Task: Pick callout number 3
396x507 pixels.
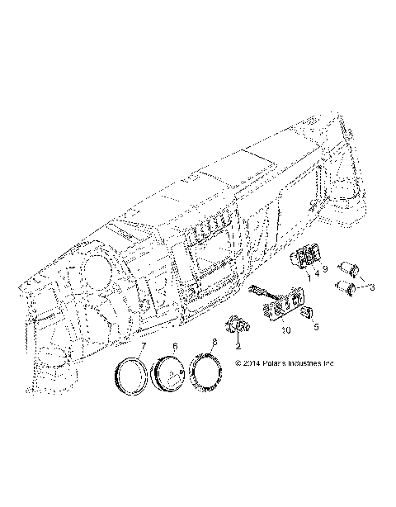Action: [x=372, y=287]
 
